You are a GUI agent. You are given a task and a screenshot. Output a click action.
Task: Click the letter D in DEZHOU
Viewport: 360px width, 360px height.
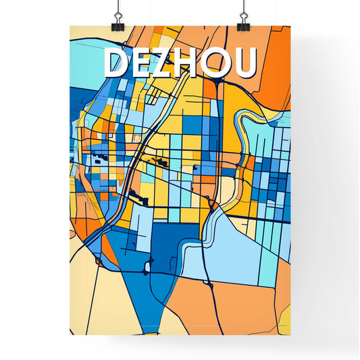[x=115, y=63]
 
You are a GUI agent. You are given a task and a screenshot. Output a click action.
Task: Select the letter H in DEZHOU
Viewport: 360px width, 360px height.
[x=192, y=63]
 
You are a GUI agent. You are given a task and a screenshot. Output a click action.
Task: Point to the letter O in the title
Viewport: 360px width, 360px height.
[x=220, y=63]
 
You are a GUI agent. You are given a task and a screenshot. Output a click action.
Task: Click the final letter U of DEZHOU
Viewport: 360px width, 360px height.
[x=245, y=63]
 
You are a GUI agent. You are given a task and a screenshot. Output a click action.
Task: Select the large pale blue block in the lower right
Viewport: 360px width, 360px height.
[x=233, y=250]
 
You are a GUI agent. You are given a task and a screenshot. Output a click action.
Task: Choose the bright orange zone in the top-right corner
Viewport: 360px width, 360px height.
[x=274, y=68]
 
